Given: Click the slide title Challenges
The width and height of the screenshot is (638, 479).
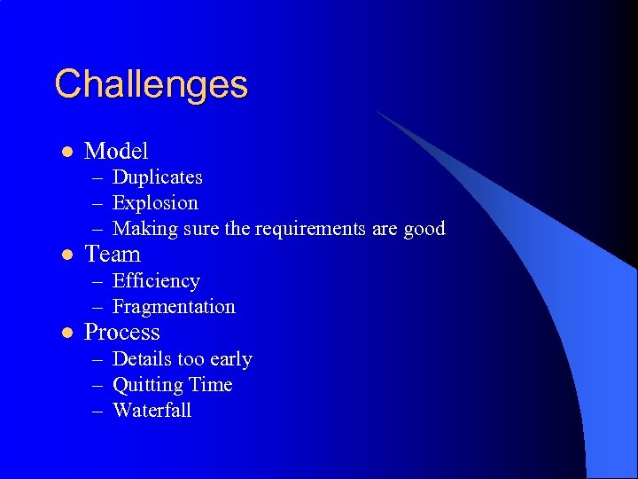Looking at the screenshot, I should (151, 85).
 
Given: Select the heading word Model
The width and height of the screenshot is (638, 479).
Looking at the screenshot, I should (115, 151).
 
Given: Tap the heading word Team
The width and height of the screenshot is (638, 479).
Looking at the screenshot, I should (112, 255).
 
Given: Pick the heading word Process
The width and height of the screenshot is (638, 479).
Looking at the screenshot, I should (121, 333).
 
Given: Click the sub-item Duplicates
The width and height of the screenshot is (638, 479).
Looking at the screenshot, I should (157, 177).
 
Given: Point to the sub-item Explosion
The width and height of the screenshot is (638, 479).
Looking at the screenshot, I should (155, 203).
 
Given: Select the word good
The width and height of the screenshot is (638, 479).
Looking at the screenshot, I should (424, 229).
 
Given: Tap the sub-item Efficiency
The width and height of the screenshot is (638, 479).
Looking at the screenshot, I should (156, 281).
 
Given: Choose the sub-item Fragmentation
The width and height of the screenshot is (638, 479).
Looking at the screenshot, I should (174, 307).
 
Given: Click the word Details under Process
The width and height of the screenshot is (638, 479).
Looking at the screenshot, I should (142, 359).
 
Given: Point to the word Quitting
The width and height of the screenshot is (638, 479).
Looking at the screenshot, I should (143, 385).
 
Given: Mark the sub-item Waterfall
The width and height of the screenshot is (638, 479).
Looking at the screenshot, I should (152, 411).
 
